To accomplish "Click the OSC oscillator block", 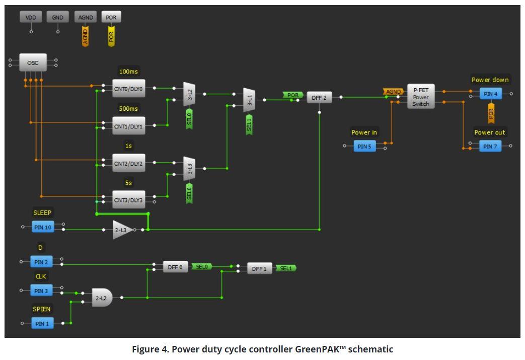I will click(33, 63).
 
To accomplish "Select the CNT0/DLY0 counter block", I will click(128, 89).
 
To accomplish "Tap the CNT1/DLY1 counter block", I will click(128, 126).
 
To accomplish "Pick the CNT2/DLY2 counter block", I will click(128, 163).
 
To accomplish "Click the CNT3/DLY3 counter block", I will click(128, 200).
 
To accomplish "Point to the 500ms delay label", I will click(128, 109).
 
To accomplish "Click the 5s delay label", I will click(128, 183).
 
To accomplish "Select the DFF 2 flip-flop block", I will click(320, 98).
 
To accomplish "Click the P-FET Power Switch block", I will click(420, 96).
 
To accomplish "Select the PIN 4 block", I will click(490, 94).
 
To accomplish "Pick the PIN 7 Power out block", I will click(490, 146).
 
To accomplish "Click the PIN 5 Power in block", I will click(364, 146).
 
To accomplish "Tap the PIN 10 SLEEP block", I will click(43, 228).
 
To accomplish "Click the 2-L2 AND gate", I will click(102, 298).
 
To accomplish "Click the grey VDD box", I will click(31, 18).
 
